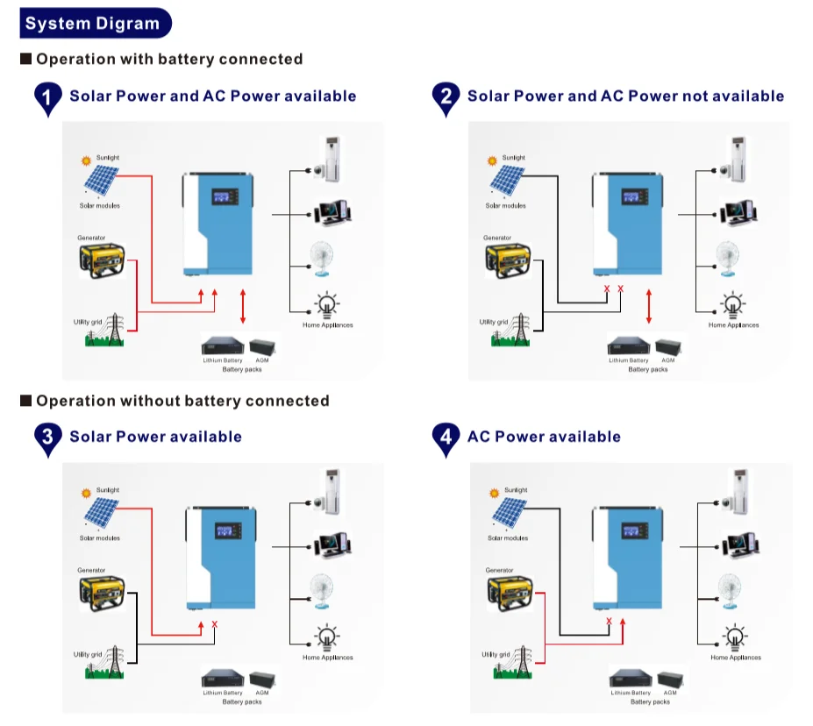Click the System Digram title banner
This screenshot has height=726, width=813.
94,24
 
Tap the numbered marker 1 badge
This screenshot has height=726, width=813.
48,97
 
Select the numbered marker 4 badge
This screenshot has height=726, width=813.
446,438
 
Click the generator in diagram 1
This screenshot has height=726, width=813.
103,259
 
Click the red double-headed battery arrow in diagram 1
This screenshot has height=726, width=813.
243,306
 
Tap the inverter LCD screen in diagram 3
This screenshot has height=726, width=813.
224,533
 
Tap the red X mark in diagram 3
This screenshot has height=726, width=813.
215,624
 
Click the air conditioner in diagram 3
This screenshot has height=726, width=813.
330,493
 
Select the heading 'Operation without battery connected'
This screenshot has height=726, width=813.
182,401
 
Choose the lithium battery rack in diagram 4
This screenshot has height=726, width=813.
631,679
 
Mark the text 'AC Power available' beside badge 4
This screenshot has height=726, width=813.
544,437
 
